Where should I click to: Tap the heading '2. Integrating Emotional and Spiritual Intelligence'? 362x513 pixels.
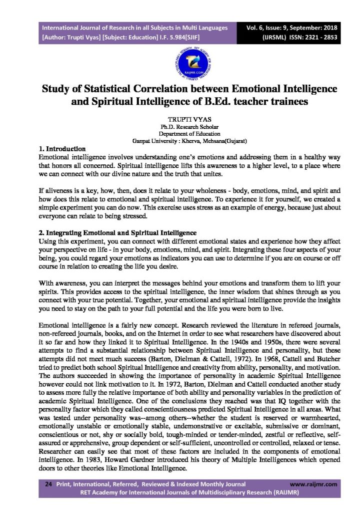coord(117,233)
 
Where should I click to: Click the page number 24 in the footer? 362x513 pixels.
coord(49,484)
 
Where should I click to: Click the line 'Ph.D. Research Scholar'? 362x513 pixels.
coord(181,128)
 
